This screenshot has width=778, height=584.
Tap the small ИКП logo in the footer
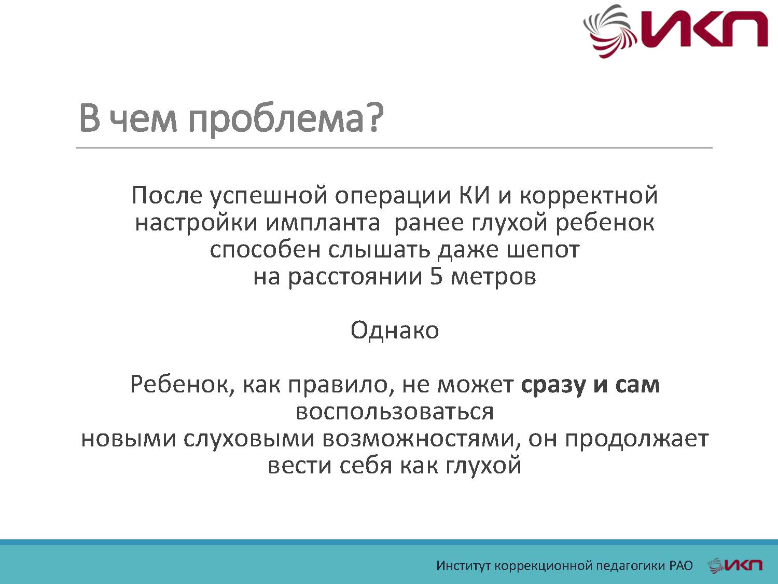735,565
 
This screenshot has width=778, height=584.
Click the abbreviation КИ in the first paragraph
474,196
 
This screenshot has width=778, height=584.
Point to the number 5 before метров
436,276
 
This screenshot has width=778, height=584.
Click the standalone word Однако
394,330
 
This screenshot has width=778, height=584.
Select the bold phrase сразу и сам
590,385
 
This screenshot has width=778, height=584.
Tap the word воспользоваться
394,412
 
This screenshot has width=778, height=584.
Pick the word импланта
323,223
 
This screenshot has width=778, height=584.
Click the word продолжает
636,439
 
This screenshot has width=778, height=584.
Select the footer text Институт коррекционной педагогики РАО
564,565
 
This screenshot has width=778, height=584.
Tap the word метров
493,276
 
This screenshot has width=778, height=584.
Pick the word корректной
588,196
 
